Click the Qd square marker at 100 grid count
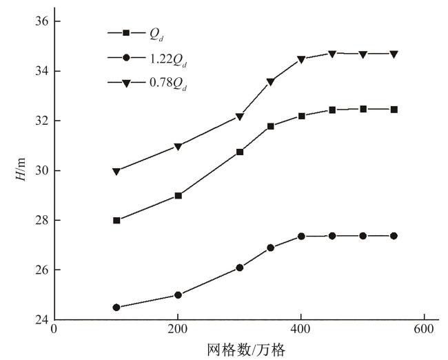[x=116, y=220]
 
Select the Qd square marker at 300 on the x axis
[x=240, y=152]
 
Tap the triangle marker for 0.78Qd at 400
[x=301, y=59]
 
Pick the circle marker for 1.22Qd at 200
[x=178, y=294]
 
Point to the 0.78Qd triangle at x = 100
[x=116, y=171]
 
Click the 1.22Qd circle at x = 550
[x=394, y=236]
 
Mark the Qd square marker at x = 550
[x=394, y=109]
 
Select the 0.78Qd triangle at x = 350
[x=270, y=81]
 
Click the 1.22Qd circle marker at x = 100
[x=116, y=307]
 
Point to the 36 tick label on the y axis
[x=41, y=21]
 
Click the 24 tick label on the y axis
[x=41, y=319]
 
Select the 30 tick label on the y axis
[x=41, y=170]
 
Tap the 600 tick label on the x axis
[x=424, y=328]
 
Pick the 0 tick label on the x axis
[x=54, y=328]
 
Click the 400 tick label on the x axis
[x=301, y=328]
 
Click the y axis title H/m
[x=21, y=170]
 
